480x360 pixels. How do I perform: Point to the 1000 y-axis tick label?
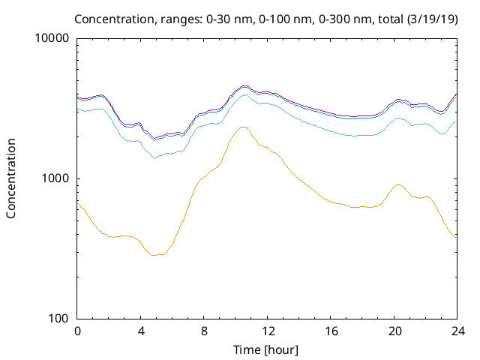click(57, 178)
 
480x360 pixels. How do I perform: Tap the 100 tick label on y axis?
click(60, 319)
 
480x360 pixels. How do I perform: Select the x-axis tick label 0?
click(77, 331)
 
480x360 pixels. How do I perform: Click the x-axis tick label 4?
click(141, 331)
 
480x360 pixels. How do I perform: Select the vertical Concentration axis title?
click(11, 178)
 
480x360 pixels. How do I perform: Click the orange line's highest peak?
click(243, 127)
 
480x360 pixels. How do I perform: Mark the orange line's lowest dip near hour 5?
click(155, 255)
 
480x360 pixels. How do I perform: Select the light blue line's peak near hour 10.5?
click(244, 94)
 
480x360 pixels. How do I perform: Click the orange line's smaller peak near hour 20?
click(398, 184)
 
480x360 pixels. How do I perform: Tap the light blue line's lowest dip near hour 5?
click(154, 157)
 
